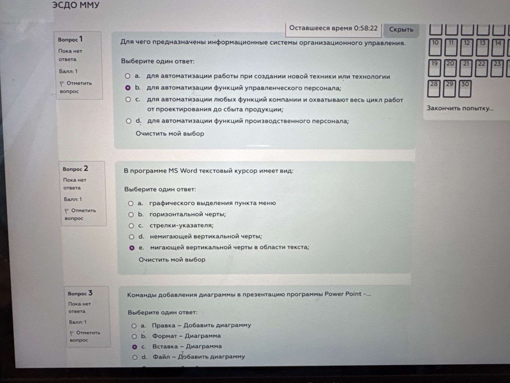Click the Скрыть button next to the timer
tap(401, 30)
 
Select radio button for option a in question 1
tap(127, 76)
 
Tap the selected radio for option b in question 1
tap(128, 88)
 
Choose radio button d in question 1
tap(129, 121)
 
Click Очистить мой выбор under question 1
tap(170, 134)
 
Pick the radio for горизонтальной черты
tap(131, 215)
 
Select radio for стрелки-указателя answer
tap(131, 226)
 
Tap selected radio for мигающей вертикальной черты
tap(132, 248)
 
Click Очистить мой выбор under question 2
tap(172, 260)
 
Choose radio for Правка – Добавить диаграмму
tap(134, 326)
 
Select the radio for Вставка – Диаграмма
tap(135, 347)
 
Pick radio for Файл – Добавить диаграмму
tap(135, 357)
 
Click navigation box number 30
tap(465, 89)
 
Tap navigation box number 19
tap(434, 68)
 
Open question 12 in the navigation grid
tap(466, 47)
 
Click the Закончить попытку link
tap(460, 108)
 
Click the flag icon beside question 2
tap(67, 211)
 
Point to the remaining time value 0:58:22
tap(365, 28)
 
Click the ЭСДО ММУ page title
tap(76, 5)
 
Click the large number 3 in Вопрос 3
tap(90, 293)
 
